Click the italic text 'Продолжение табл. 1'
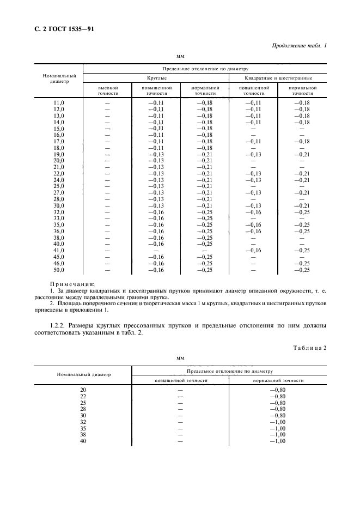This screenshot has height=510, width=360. pos(299,45)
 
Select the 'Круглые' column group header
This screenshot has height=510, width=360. pos(156,79)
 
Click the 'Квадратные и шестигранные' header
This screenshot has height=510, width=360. pos(278,79)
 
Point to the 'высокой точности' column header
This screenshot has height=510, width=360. pos(107,90)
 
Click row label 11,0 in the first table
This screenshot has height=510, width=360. pos(59,102)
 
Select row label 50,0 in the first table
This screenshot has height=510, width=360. pos(59,270)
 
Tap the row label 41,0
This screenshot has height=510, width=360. pos(59,250)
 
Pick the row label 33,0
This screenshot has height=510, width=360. pos(59,218)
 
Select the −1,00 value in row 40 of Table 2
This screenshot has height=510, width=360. pos(277,441)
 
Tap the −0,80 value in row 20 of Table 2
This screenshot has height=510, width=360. pos(277,390)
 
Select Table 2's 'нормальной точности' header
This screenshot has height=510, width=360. pos(278,380)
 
